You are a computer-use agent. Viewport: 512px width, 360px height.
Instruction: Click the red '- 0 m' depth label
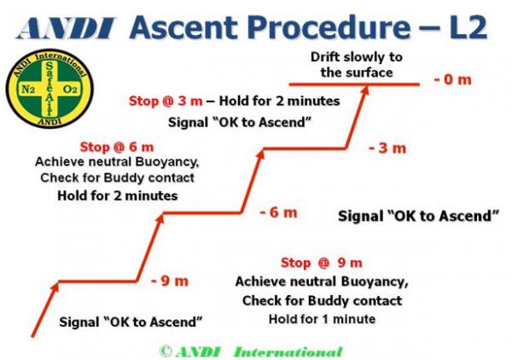(x=453, y=80)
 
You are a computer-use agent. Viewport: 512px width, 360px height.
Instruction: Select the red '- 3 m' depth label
(x=387, y=148)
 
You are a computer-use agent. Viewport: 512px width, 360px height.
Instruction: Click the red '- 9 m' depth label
(x=169, y=281)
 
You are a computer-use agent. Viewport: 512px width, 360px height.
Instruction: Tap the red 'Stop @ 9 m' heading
(x=321, y=262)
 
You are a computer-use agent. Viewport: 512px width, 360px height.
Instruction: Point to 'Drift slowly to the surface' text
(x=358, y=65)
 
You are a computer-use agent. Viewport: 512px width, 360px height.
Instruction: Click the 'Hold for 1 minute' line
(x=321, y=319)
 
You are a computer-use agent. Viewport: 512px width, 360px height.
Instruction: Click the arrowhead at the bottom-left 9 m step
(x=55, y=287)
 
